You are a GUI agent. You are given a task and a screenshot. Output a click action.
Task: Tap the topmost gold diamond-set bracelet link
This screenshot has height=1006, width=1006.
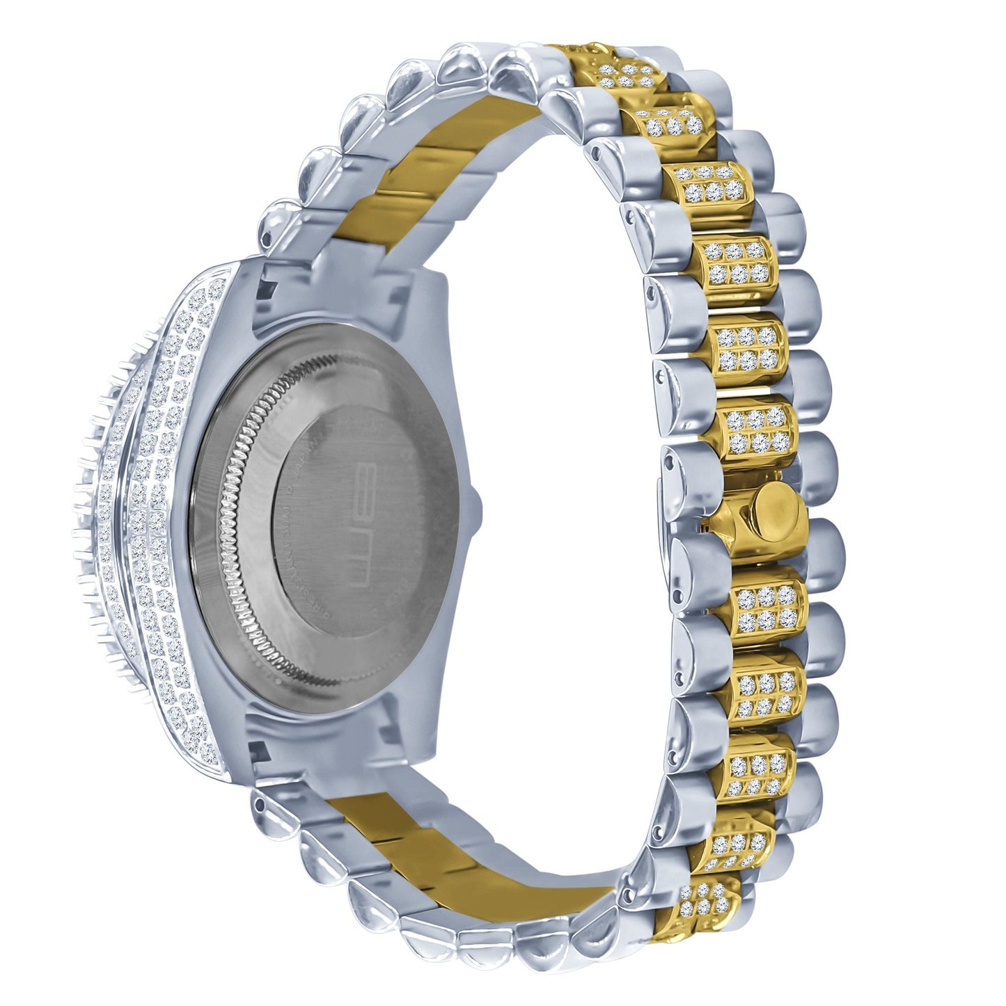click(620, 70)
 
